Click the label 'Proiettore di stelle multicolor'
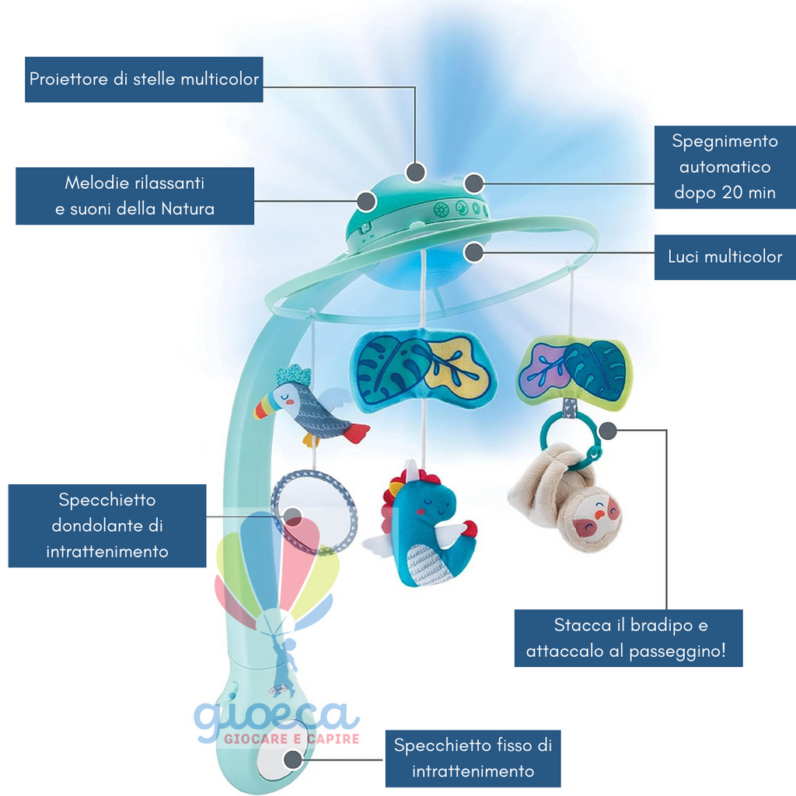point(144,80)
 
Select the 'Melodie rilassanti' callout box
point(135,196)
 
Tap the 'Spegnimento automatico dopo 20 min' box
point(725,167)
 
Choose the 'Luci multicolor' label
point(725,257)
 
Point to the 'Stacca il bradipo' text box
point(628,638)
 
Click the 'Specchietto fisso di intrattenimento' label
point(473,759)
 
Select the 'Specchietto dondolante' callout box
point(107,525)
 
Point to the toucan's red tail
point(356,433)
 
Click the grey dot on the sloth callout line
point(608,431)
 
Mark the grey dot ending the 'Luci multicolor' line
point(474,253)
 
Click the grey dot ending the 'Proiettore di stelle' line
point(416,172)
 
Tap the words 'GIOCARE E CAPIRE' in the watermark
point(292,738)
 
